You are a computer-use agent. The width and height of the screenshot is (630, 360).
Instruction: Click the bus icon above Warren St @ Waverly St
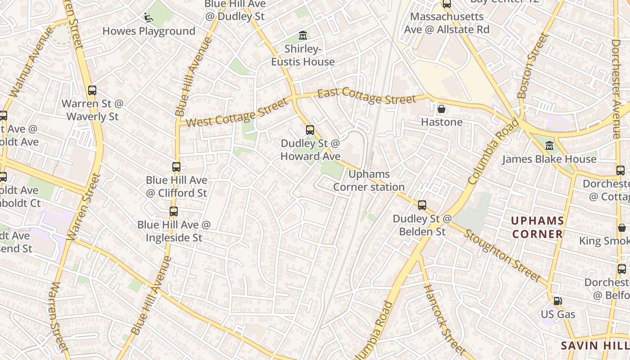(x=92, y=90)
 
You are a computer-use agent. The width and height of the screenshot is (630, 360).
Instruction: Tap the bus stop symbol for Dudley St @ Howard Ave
(x=310, y=130)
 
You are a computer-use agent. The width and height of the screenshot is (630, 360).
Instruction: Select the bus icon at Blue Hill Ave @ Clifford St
(x=176, y=167)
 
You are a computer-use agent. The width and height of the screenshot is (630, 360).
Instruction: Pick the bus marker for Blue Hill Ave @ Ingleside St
(x=174, y=211)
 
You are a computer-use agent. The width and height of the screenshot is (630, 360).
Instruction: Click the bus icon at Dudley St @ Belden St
(x=422, y=205)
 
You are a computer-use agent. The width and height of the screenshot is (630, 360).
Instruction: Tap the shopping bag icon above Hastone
(x=441, y=108)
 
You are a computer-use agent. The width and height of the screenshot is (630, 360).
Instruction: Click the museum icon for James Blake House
(x=549, y=146)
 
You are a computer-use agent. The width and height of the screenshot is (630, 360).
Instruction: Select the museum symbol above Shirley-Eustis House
(x=303, y=35)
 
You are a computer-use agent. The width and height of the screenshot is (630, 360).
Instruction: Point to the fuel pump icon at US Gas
(x=558, y=301)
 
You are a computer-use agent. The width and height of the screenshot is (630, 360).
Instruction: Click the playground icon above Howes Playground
(x=148, y=18)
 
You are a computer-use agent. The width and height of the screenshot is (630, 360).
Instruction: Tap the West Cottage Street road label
(x=237, y=112)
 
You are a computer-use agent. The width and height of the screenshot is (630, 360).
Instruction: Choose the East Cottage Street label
(x=367, y=96)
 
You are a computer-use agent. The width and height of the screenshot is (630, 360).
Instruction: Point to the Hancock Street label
(x=444, y=319)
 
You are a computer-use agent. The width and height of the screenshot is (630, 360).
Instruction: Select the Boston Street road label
(x=533, y=66)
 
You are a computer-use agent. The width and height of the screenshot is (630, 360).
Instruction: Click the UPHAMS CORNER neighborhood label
(x=537, y=227)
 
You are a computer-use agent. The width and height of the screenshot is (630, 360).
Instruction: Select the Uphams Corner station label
(x=369, y=180)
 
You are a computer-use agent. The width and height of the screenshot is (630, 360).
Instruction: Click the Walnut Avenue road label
(x=31, y=62)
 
